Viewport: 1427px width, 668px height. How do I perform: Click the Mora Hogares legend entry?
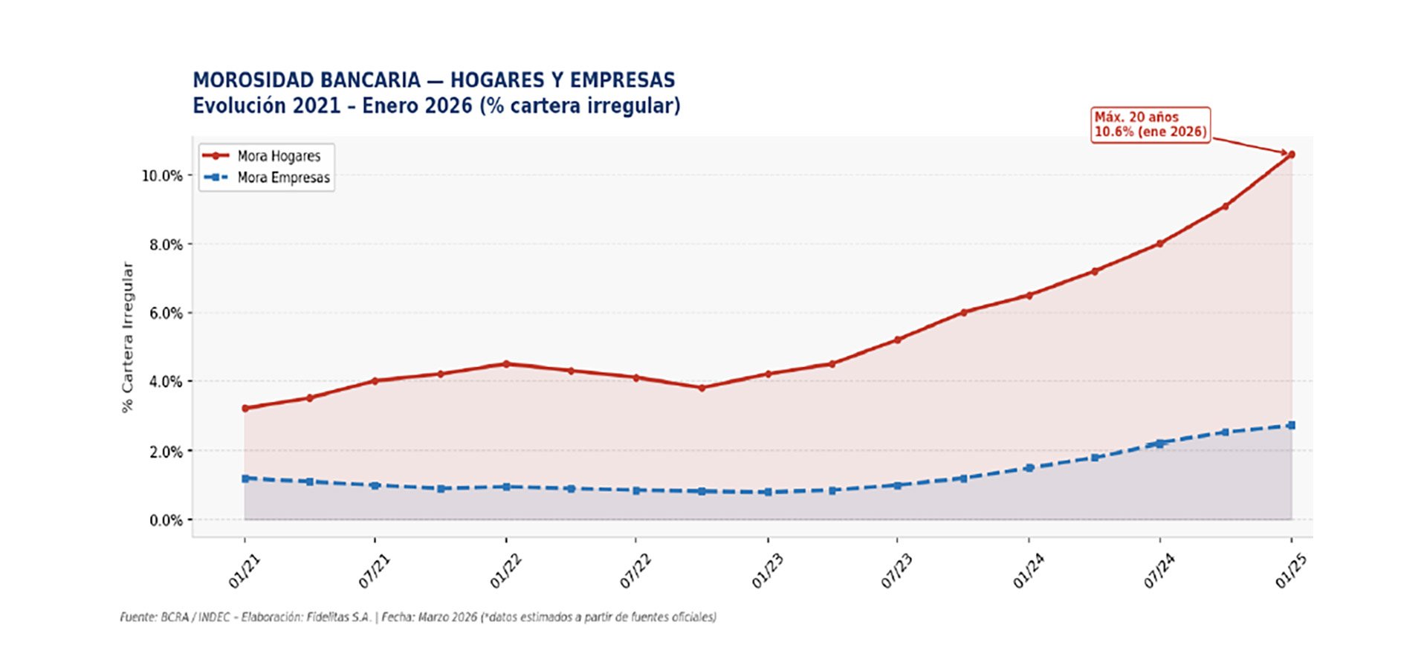279,156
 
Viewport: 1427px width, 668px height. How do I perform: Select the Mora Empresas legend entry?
283,178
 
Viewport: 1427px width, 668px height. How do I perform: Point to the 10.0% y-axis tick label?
162,175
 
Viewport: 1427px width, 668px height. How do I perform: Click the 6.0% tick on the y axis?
166,313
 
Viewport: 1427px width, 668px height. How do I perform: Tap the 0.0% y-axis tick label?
166,520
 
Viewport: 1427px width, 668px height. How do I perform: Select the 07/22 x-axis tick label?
635,573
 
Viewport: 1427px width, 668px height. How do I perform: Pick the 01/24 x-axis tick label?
1028,573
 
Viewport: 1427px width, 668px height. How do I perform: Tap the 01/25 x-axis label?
1290,573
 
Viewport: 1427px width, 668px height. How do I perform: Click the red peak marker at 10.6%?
1291,155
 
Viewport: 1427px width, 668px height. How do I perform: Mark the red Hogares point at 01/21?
245,408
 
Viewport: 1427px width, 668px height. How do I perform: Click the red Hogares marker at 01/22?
506,364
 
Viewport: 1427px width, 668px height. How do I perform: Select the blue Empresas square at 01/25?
1291,425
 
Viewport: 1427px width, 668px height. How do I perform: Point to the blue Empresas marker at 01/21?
245,479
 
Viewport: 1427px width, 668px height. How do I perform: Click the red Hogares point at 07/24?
1159,244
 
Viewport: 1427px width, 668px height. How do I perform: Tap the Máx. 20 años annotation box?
1150,125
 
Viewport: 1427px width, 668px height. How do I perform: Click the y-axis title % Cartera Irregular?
127,337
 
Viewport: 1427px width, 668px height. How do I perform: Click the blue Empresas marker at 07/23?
897,485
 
